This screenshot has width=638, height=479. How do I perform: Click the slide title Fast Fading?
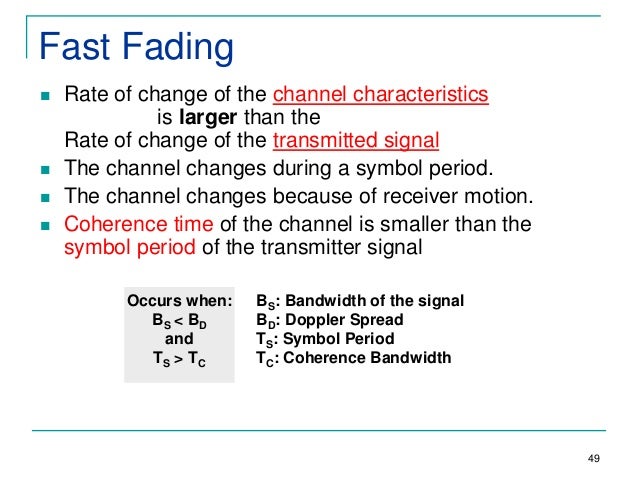coord(134,46)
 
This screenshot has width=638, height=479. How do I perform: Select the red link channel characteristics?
coord(380,95)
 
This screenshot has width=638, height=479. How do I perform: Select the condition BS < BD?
coord(179,321)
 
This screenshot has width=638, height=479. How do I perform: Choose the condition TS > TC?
coord(179,359)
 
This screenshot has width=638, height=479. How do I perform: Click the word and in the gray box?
coord(179,339)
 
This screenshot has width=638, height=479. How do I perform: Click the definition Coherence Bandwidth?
coord(367,358)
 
